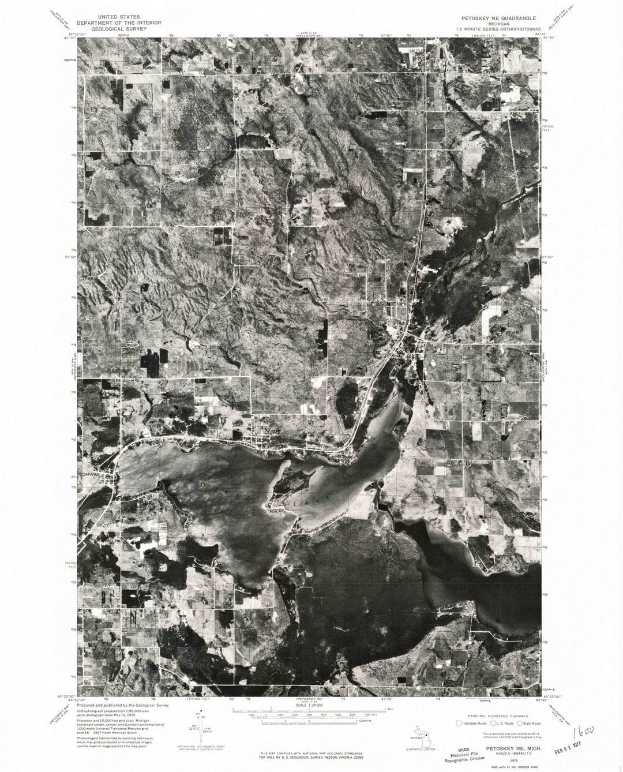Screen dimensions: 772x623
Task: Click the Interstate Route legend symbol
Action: point(459,723)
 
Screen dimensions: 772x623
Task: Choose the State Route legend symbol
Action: point(520,723)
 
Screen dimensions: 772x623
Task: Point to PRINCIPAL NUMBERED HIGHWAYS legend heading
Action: point(496,714)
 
